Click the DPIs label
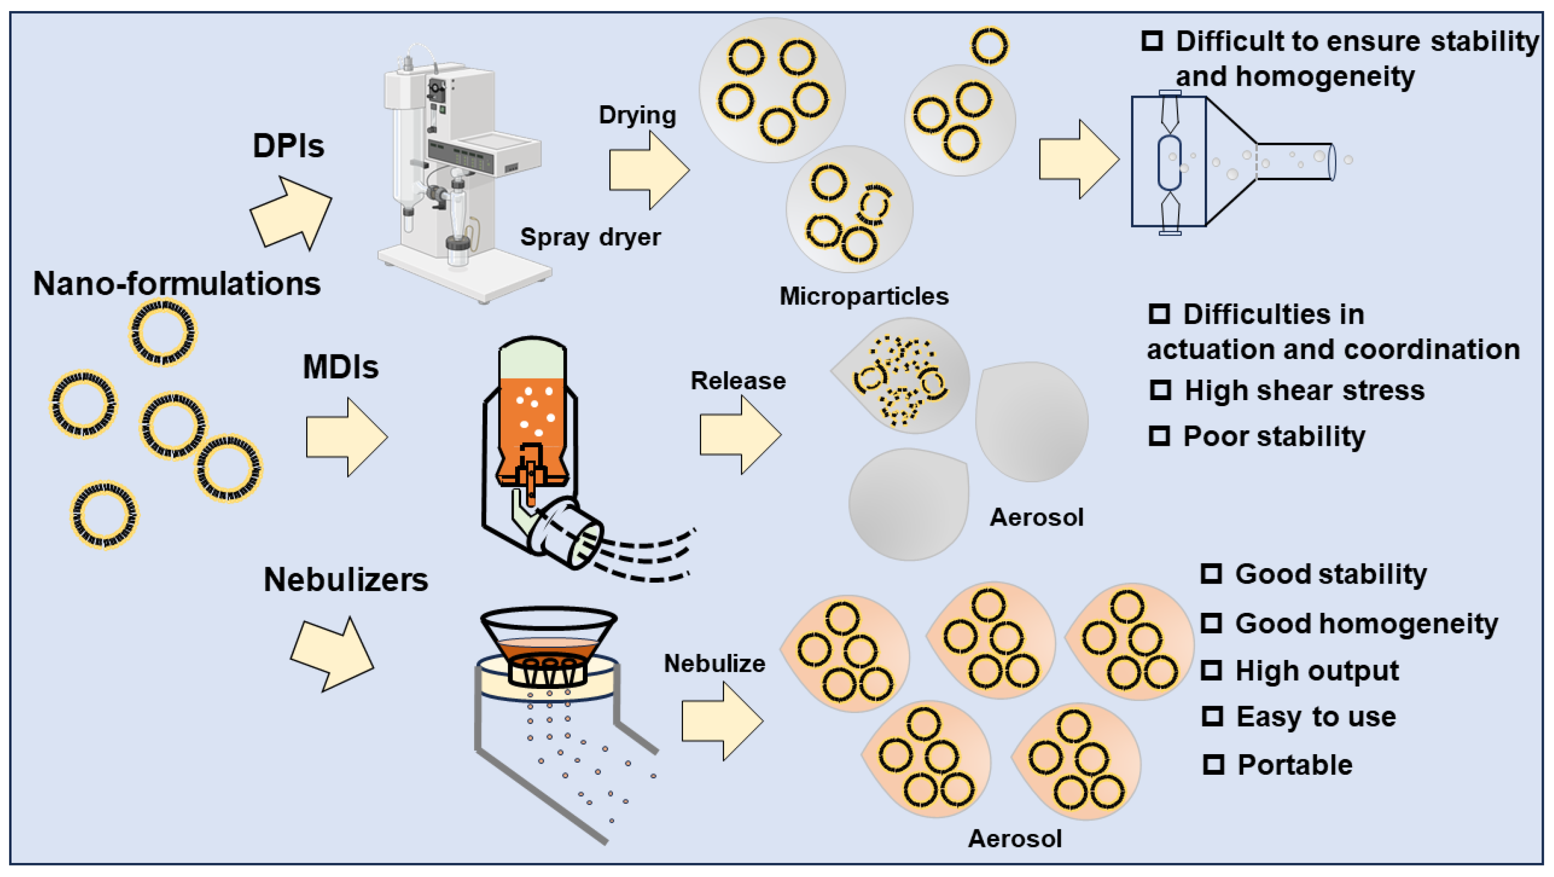[x=288, y=146]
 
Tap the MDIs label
[x=340, y=367]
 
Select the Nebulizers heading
[x=346, y=580]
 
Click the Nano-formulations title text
[x=176, y=283]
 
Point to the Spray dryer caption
[x=590, y=237]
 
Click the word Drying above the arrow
[x=637, y=115]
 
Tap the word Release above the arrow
[x=738, y=381]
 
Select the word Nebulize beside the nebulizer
[x=714, y=663]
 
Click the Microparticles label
[x=864, y=296]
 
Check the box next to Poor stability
[x=1159, y=436]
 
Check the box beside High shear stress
[x=1160, y=390]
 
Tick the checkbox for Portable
[x=1213, y=765]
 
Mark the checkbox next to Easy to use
[x=1212, y=717]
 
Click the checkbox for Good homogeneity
[x=1211, y=623]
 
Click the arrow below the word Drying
[x=648, y=170]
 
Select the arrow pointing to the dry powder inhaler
[x=1077, y=159]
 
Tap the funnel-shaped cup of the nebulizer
[x=548, y=634]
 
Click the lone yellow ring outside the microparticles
[x=989, y=45]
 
